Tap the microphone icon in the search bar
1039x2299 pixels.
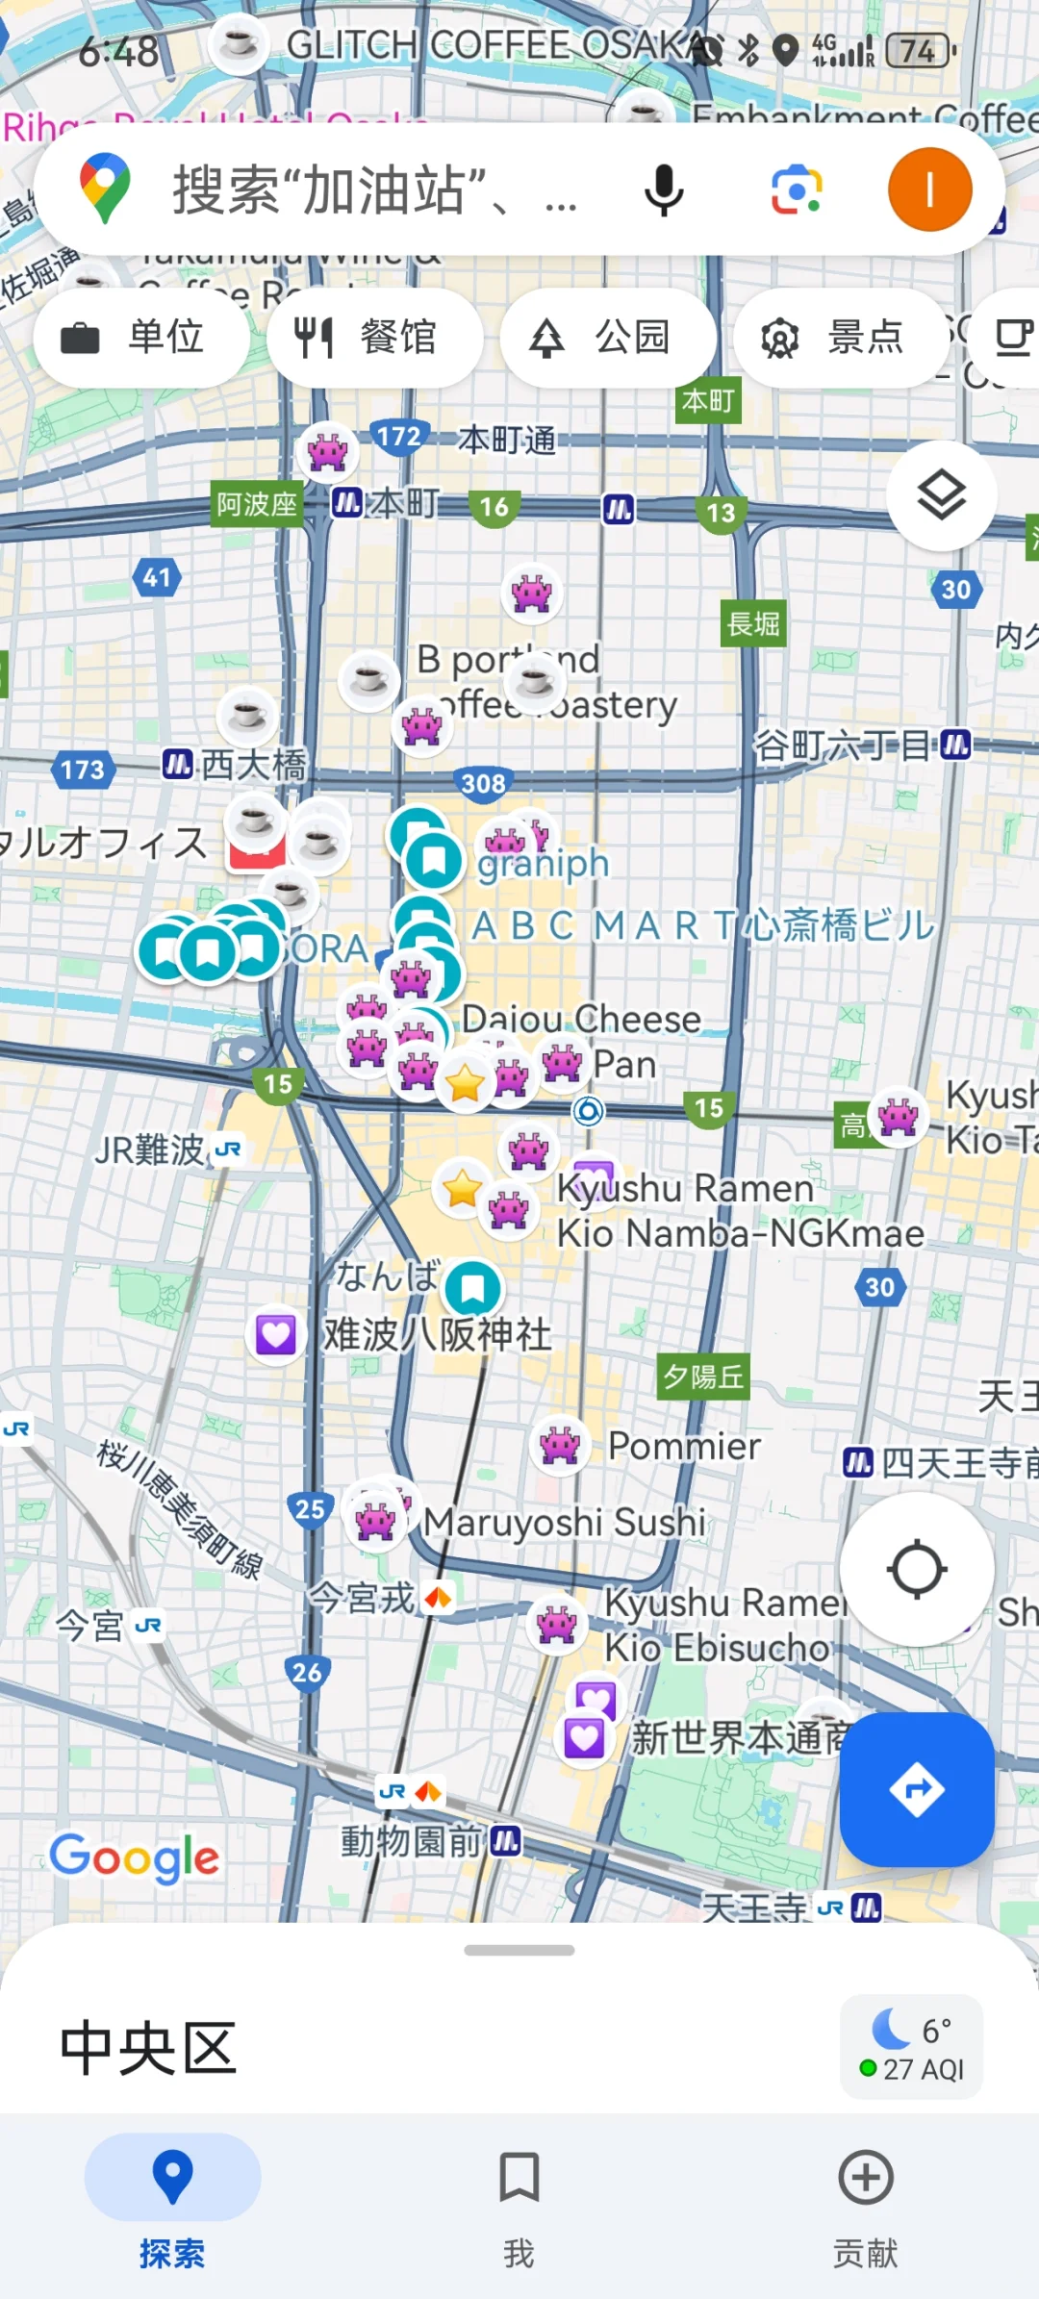pos(663,189)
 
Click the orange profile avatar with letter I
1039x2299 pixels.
pos(929,189)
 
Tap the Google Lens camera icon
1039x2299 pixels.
pos(797,189)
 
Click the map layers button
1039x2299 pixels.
pos(941,495)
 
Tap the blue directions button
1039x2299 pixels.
pos(916,1789)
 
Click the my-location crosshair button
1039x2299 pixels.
pos(916,1569)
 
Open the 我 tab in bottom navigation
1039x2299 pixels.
pos(519,2203)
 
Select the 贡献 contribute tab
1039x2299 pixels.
pos(865,2203)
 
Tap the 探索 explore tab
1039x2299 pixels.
pos(172,2203)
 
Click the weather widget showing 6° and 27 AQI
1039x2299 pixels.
pos(911,2047)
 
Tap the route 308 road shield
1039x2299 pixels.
pos(483,784)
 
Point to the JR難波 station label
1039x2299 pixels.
pos(151,1149)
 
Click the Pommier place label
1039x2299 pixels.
pos(683,1446)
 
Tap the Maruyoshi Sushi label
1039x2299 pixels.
pos(566,1522)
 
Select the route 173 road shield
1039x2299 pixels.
pos(83,770)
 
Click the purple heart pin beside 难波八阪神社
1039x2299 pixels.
pos(275,1334)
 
